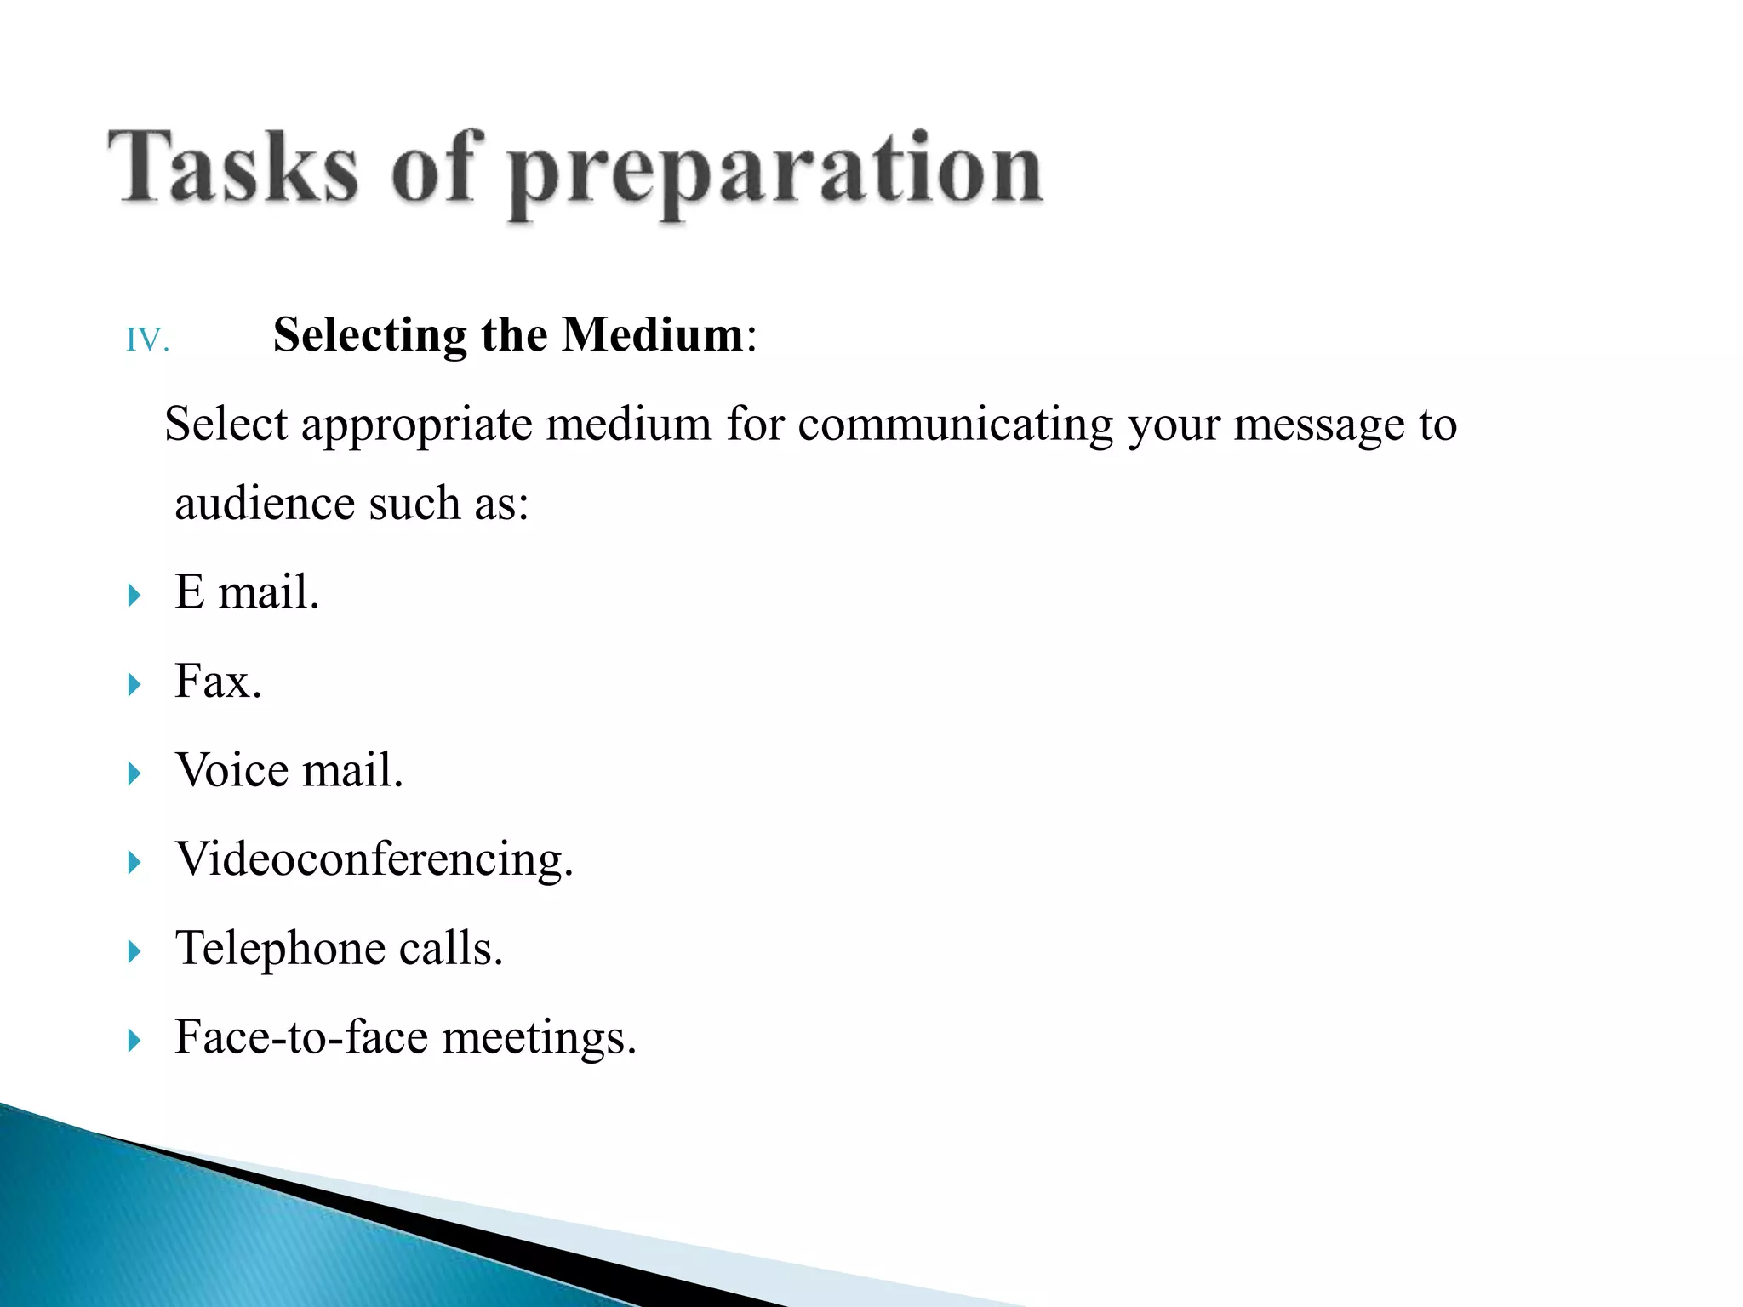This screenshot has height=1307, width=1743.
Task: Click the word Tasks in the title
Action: coord(231,167)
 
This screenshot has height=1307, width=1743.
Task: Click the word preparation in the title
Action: coord(774,170)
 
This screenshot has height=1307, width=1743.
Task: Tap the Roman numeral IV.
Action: coord(147,340)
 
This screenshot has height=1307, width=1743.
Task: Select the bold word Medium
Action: coord(653,334)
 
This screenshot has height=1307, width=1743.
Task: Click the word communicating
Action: coord(955,425)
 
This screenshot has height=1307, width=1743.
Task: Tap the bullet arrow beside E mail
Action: coord(134,596)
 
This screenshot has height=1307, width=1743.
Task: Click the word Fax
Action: coord(218,682)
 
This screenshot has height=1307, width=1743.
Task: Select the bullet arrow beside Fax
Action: coord(134,684)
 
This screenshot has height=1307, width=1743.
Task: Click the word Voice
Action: coord(231,770)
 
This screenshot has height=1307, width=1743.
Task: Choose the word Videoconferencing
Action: coord(374,859)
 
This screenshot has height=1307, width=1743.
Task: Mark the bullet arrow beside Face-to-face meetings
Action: coord(134,1040)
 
